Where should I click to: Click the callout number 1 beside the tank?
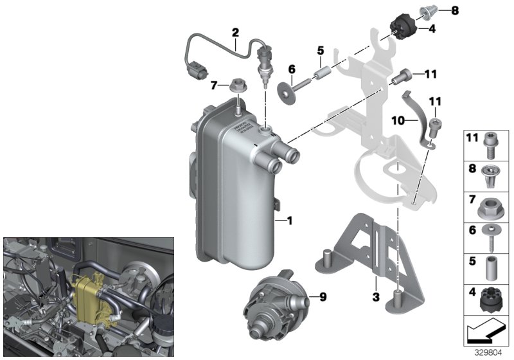289,221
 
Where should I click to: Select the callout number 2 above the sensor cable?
235,32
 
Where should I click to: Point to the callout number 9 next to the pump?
323,296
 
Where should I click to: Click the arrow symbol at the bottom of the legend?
486,332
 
